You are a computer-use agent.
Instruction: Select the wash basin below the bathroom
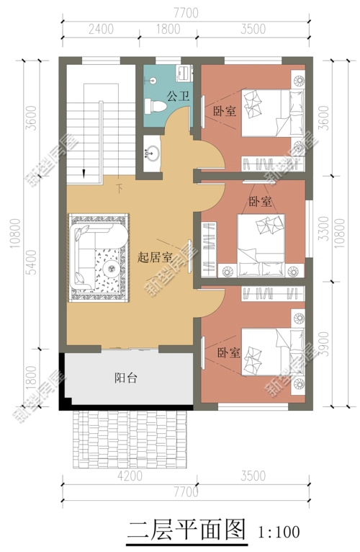(153, 153)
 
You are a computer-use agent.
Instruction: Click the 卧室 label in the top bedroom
(225, 112)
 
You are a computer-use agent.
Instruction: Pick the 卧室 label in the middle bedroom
(260, 202)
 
